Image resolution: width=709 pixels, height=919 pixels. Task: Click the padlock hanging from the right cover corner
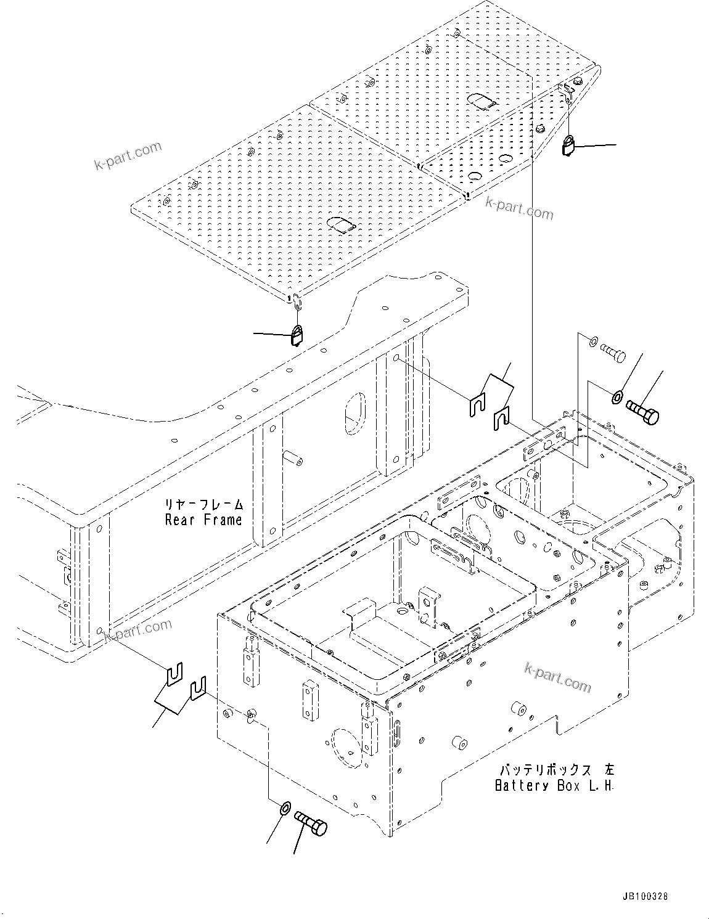pos(569,147)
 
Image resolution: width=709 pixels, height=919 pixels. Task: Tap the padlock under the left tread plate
pos(297,336)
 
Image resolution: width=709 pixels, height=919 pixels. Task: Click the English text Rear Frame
pos(203,520)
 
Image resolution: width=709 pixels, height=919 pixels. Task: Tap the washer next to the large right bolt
pos(617,396)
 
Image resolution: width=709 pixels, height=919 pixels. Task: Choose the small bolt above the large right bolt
pos(612,353)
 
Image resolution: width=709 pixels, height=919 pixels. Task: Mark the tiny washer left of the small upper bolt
pos(592,341)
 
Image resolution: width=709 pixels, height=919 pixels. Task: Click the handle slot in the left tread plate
pos(341,224)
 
